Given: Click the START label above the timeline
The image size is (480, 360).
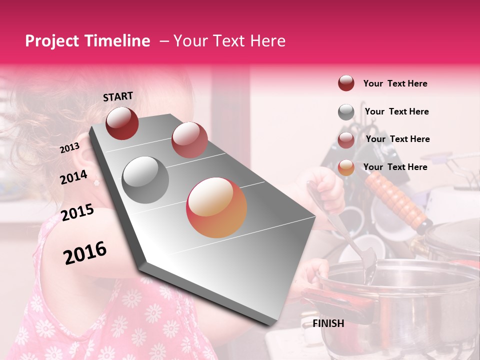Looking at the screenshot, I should [118, 96].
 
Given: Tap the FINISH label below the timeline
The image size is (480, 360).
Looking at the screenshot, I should [328, 323].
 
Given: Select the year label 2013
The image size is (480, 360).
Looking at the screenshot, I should [69, 148].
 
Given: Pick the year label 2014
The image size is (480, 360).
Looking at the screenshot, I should [73, 177].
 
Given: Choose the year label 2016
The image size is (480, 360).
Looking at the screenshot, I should [85, 253].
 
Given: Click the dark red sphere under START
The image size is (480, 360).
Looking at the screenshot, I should [122, 123].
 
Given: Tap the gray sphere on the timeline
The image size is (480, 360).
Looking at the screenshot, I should [145, 179].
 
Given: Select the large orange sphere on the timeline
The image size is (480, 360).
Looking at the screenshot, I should [216, 207].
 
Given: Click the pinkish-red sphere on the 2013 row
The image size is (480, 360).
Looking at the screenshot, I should [189, 140].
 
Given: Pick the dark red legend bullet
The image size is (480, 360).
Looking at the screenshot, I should [346, 83].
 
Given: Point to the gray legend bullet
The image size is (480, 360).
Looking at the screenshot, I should [346, 112].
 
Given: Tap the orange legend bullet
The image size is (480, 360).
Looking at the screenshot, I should [346, 168].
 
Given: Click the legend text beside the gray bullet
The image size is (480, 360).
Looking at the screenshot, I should [396, 111].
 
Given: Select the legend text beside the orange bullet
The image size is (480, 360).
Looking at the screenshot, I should [395, 167].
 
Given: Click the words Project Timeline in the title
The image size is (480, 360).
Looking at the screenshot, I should [87, 41].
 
